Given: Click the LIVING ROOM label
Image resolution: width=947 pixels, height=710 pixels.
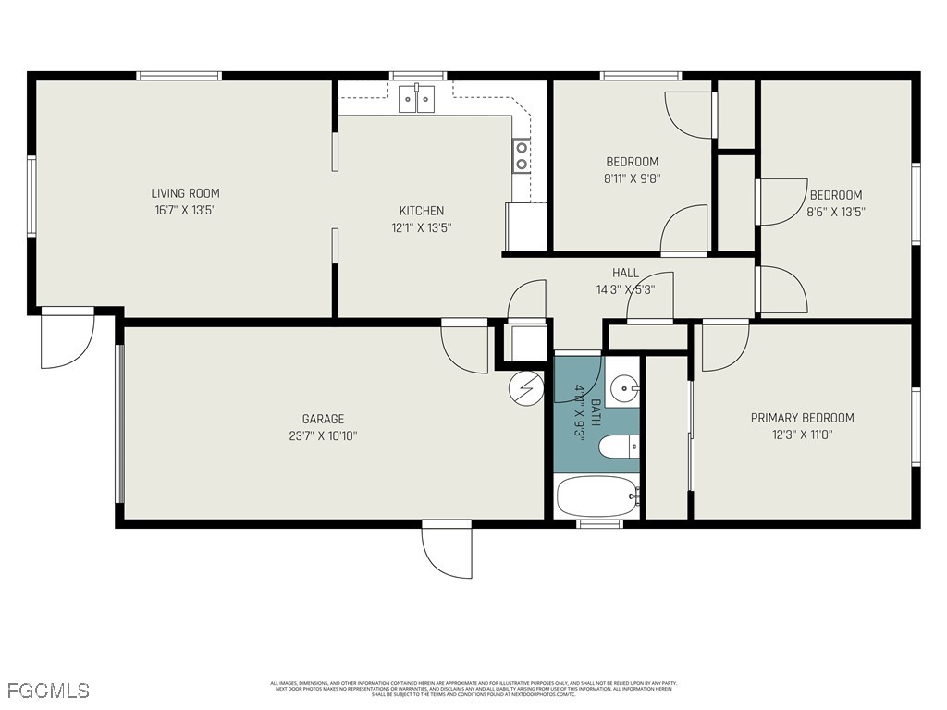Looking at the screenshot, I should [185, 193].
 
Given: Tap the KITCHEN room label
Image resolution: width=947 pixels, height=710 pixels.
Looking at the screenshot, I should [421, 211].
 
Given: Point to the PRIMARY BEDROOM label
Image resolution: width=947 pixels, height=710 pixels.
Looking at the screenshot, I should [802, 418].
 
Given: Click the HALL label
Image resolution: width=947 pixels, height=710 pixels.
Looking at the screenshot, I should [625, 273].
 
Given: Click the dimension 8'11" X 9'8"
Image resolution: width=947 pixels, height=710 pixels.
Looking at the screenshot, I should [632, 179].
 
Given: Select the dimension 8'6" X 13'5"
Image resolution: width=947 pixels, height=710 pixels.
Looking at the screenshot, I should [835, 212].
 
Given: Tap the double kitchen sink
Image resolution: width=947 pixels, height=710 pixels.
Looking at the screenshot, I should [416, 98].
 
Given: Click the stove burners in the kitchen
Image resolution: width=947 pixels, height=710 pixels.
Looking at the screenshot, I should [522, 155].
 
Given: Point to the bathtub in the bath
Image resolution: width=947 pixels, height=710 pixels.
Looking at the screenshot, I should [597, 497].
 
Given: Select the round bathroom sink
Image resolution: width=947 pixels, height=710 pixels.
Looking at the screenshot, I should [625, 388].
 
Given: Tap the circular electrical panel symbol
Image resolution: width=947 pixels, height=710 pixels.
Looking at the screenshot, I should [525, 387].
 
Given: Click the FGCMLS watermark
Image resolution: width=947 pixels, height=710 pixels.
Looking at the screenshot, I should [47, 691].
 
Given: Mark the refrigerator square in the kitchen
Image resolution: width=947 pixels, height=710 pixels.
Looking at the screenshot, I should [526, 226].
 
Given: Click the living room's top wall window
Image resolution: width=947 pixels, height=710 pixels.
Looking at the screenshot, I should [178, 76].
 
